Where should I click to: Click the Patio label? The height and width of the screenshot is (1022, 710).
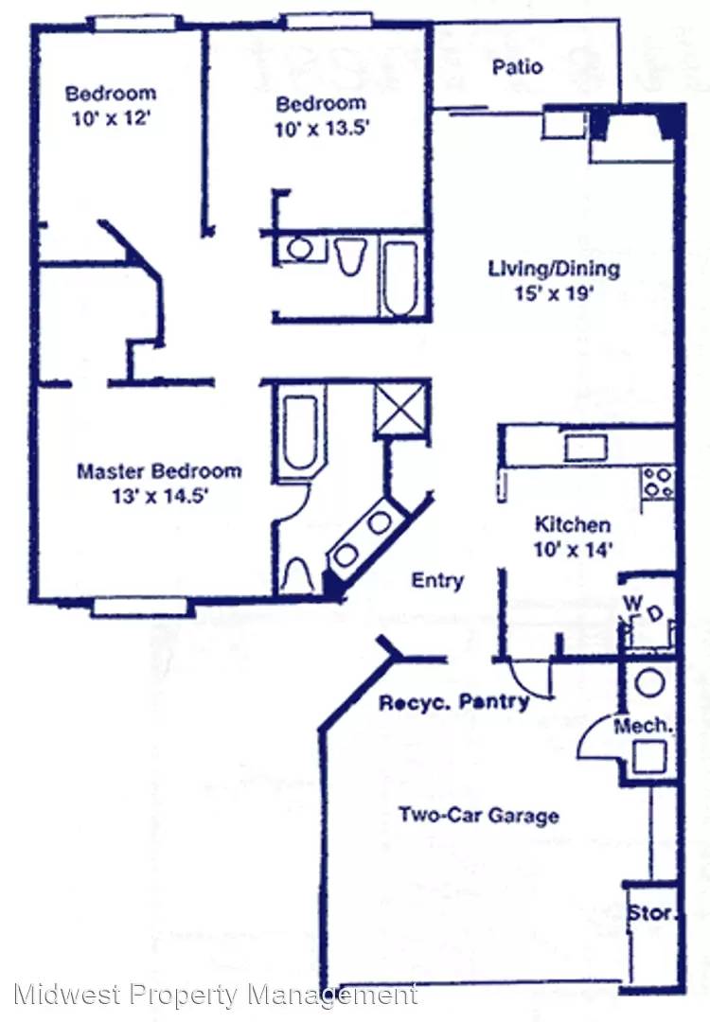pos(517,66)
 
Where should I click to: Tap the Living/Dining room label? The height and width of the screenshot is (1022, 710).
pos(554,269)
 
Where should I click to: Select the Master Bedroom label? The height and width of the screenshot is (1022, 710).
pos(159,470)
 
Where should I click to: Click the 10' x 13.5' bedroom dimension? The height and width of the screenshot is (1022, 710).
pos(322,129)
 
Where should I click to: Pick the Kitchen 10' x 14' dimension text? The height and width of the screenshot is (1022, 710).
pos(573,550)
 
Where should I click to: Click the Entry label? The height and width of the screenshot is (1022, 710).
pos(437,580)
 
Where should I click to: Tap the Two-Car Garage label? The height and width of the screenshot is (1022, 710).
pos(479,815)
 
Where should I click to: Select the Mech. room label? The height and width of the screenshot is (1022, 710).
pos(642,725)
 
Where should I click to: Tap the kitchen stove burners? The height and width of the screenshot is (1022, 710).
pos(658,483)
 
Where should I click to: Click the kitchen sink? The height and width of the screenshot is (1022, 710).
pos(585,448)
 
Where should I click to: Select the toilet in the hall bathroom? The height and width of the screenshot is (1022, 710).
pos(350,255)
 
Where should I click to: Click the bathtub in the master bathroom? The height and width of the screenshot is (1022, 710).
pos(300,432)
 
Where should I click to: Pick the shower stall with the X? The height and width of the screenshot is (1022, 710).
pos(401,408)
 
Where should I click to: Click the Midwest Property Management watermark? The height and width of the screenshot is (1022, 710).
pos(215,996)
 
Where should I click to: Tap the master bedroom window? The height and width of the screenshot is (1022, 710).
pos(139,607)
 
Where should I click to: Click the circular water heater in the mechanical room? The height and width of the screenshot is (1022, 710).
pos(649,683)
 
